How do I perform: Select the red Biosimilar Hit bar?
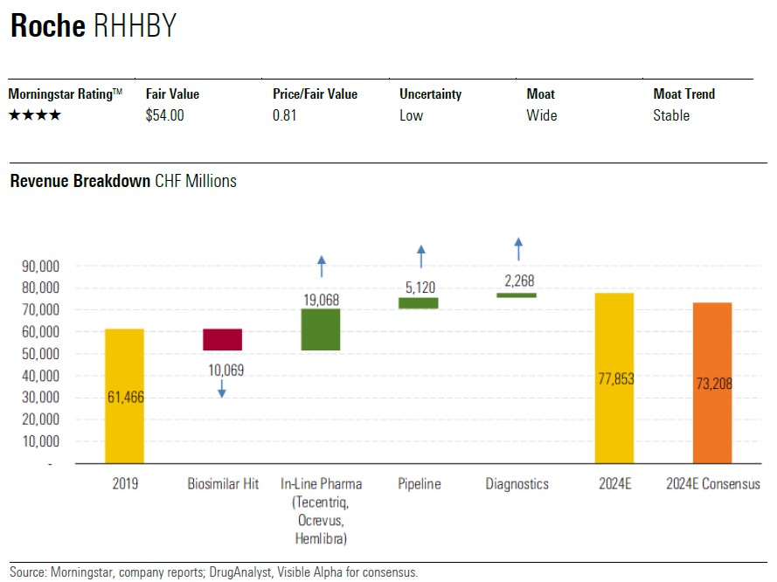pos(222,339)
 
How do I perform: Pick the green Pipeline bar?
pos(419,303)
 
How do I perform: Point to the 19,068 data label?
pos(322,300)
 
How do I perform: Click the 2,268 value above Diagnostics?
pos(518,281)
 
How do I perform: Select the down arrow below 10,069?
pos(222,389)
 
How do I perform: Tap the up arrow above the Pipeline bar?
pos(420,255)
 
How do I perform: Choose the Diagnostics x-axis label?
pos(517,483)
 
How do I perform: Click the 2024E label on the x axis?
pos(614,483)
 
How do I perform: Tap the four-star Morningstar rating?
pos(35,115)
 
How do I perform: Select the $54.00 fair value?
pos(165,115)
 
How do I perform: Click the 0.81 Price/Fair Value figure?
pos(284,115)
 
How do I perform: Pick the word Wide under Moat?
pos(542,115)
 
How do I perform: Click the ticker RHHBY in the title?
pos(134,27)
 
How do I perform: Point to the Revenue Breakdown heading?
pos(80,181)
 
